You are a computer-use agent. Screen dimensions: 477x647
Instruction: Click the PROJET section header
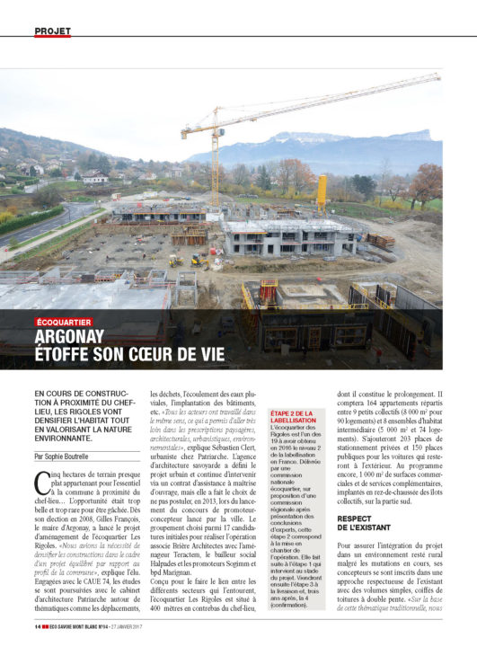click(52, 31)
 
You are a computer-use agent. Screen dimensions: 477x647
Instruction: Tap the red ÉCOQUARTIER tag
click(64, 321)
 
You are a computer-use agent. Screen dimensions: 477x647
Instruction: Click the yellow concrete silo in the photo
click(322, 192)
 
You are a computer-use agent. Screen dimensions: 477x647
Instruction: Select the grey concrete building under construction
click(287, 238)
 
